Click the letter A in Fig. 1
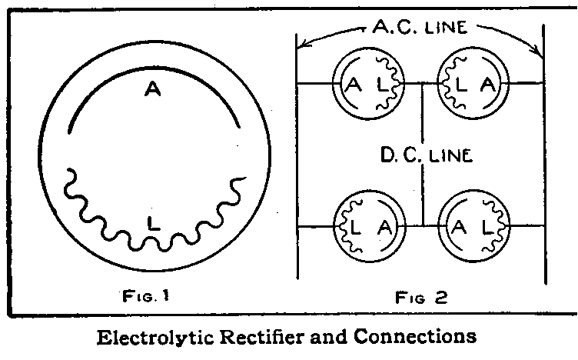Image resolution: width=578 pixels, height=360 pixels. click(x=151, y=90)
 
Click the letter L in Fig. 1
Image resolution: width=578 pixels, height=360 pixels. click(x=154, y=224)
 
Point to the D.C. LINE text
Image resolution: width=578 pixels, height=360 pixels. click(x=425, y=155)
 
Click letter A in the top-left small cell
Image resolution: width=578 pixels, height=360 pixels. click(x=354, y=84)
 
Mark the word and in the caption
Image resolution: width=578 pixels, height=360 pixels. click(x=341, y=336)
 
